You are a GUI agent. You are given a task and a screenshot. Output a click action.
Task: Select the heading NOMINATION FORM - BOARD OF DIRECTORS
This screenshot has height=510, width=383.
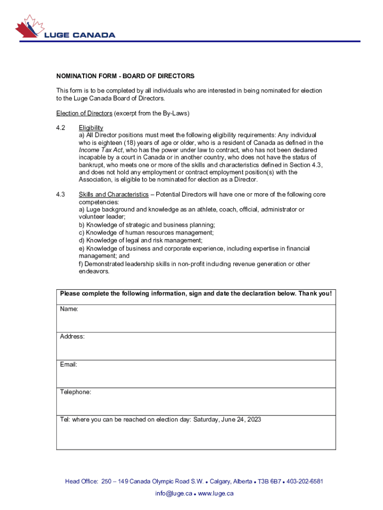click(x=125, y=76)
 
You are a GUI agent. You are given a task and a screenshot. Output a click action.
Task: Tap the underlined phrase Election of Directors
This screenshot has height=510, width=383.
click(x=84, y=113)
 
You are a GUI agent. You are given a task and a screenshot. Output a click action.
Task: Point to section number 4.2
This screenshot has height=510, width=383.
click(x=61, y=128)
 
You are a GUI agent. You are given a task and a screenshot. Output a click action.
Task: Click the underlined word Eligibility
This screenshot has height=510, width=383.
click(x=91, y=128)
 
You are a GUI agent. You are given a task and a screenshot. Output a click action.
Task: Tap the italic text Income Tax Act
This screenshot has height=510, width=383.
click(x=98, y=150)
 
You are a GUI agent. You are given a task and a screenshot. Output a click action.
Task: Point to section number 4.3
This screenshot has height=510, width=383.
click(x=61, y=194)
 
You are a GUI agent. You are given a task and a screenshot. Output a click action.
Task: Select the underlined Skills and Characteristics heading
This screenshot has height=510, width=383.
click(x=113, y=194)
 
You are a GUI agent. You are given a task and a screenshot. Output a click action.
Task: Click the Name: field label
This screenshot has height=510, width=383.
click(x=69, y=309)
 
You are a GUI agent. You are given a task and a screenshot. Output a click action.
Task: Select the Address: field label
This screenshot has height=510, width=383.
click(x=72, y=337)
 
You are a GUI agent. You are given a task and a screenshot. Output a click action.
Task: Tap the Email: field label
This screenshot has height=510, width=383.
click(x=69, y=365)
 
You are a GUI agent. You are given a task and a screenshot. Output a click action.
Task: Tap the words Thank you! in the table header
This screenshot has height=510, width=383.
click(x=315, y=293)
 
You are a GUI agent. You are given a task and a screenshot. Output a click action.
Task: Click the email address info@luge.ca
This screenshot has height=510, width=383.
click(x=173, y=494)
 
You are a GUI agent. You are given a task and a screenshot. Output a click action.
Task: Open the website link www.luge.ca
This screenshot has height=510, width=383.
click(x=216, y=494)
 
